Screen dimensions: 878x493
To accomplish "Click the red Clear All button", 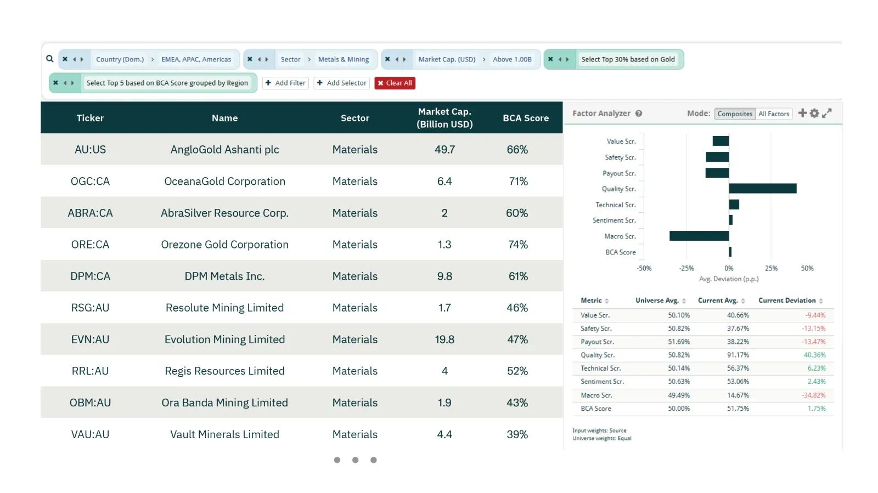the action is (395, 83).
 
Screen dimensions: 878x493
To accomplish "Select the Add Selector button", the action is (341, 83).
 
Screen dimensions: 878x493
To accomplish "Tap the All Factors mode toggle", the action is (774, 114).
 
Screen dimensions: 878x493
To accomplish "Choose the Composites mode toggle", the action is (735, 114).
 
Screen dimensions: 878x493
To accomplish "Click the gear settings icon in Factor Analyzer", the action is (814, 113).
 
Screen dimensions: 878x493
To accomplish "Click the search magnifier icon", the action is (49, 59).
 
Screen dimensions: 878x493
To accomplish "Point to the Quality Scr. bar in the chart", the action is (763, 188).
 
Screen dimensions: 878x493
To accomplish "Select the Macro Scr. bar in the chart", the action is (699, 236).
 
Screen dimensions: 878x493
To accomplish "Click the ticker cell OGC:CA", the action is (90, 182).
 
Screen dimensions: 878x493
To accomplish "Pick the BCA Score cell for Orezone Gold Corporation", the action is (518, 245).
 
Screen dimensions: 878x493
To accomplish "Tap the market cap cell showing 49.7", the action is (444, 150).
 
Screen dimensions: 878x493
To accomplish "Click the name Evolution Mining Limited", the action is (224, 339).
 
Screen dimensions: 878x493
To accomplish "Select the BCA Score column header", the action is (526, 118).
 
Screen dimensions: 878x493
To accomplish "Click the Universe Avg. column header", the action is (657, 301).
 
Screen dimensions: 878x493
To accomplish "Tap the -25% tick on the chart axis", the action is (686, 268).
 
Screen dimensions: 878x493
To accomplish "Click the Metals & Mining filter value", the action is (344, 59).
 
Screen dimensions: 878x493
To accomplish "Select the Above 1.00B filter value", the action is (512, 59).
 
